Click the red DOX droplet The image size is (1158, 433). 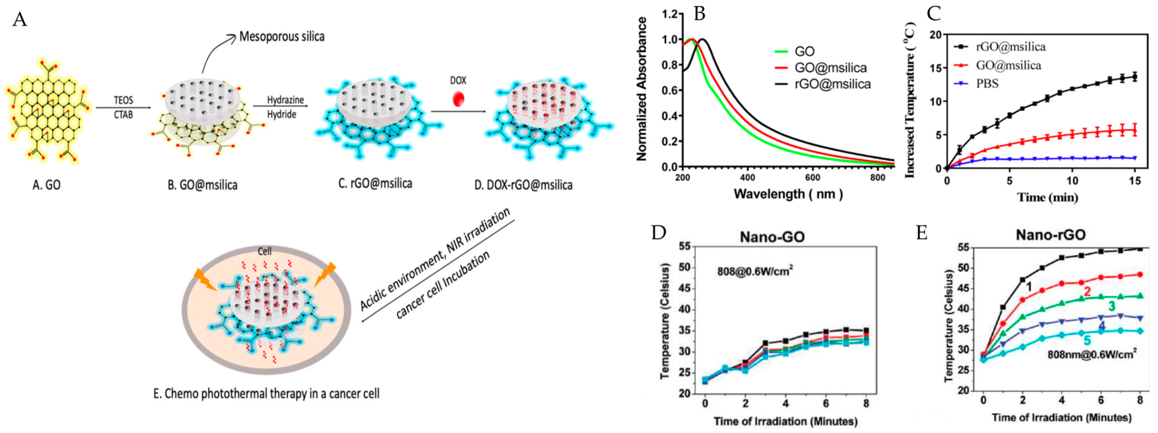point(458,99)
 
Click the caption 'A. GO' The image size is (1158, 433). point(46,185)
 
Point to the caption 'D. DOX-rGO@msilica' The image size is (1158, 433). point(523,185)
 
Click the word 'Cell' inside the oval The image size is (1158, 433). point(264,251)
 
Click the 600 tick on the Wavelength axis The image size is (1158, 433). point(812,178)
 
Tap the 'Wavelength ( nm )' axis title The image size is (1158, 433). point(788,194)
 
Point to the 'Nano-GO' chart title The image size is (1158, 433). point(772,237)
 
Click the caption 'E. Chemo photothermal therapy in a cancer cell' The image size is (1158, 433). point(266,394)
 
